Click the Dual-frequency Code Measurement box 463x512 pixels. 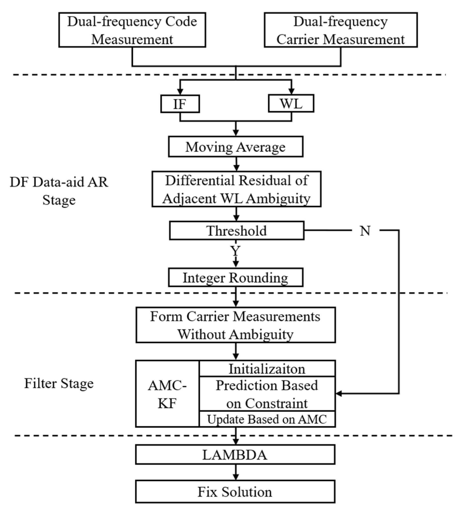click(x=132, y=30)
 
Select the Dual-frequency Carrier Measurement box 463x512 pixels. click(x=340, y=30)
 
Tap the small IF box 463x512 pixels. click(x=180, y=104)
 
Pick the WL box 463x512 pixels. click(x=291, y=103)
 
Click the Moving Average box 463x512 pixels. click(x=235, y=147)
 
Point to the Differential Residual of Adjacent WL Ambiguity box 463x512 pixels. click(x=236, y=189)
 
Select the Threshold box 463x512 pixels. click(x=236, y=231)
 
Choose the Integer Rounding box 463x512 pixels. click(x=235, y=277)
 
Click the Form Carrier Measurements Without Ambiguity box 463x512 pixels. click(x=235, y=325)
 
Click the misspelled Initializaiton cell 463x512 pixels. click(x=267, y=369)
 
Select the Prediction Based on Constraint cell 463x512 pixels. click(x=267, y=394)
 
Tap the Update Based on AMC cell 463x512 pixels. click(x=267, y=419)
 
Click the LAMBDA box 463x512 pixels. click(x=235, y=455)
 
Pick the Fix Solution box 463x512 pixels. click(x=235, y=492)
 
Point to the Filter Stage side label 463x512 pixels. click(x=59, y=383)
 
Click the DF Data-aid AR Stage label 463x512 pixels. click(x=59, y=191)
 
